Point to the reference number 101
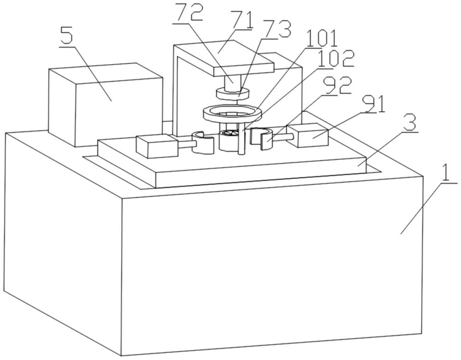tap(322, 38)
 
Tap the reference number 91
tap(374, 104)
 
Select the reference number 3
tap(410, 124)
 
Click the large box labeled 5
tap(105, 105)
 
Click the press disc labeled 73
tap(232, 94)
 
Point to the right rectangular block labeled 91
tap(308, 135)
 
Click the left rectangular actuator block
tap(157, 146)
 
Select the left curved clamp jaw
tap(203, 142)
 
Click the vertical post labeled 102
tap(242, 138)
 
